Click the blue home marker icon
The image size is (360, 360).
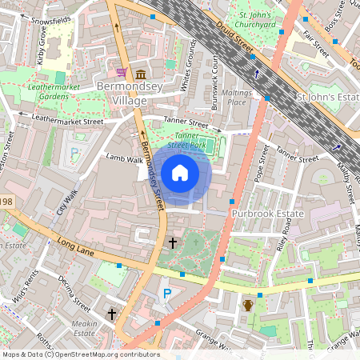point(180,173)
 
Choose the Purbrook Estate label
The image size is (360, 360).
point(269,214)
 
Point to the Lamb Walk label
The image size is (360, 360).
point(124,160)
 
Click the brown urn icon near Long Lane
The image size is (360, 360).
point(248,305)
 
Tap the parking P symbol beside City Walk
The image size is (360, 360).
point(75,151)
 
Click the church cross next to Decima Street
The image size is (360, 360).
point(112,314)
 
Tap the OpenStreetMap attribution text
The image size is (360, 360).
point(80,354)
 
